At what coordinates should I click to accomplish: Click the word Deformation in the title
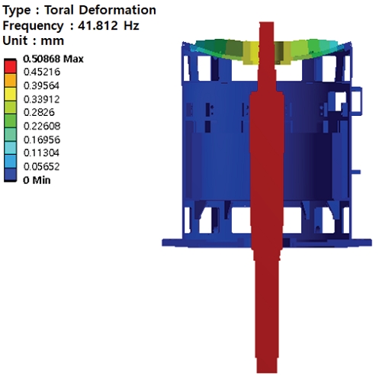point(117,10)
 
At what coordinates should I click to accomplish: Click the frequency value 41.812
point(98,25)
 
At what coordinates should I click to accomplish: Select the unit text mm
point(53,41)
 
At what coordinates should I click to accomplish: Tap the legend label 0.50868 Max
point(53,59)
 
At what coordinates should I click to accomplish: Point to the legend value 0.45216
point(42,72)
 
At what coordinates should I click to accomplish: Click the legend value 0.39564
point(41,85)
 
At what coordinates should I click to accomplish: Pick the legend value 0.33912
point(41,99)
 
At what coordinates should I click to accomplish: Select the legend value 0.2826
point(39,112)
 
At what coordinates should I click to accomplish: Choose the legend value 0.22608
point(42,126)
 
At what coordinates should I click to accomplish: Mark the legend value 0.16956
point(42,140)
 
